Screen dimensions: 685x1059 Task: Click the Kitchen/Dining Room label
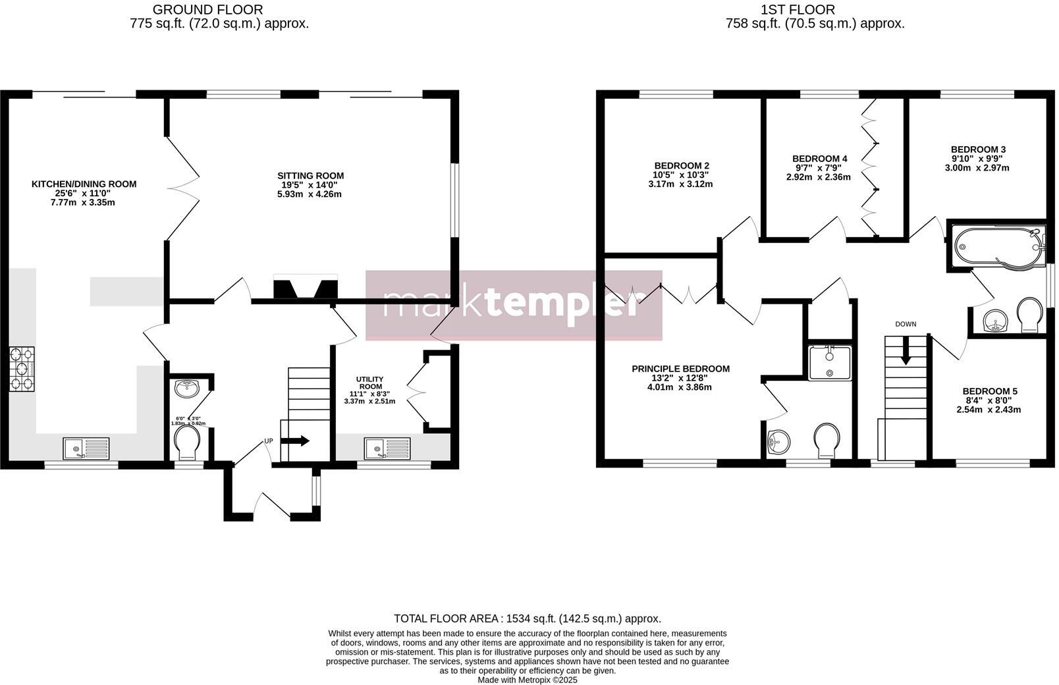(84, 184)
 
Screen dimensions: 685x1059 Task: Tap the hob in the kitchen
(22, 370)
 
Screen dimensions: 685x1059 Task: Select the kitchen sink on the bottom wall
(86, 448)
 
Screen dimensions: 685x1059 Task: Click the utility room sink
(387, 448)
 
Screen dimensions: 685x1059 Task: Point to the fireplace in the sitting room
(306, 288)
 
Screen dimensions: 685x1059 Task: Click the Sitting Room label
(310, 176)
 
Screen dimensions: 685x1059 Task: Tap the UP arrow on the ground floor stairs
(299, 441)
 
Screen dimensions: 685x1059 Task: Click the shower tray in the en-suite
(829, 363)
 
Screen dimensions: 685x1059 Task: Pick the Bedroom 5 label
(989, 391)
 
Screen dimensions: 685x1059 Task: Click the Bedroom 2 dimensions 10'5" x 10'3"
(681, 175)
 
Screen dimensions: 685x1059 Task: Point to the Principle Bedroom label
(680, 369)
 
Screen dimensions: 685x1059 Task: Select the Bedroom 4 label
(819, 159)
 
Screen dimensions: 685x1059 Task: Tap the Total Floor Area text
(527, 618)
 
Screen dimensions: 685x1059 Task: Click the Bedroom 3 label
(978, 150)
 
